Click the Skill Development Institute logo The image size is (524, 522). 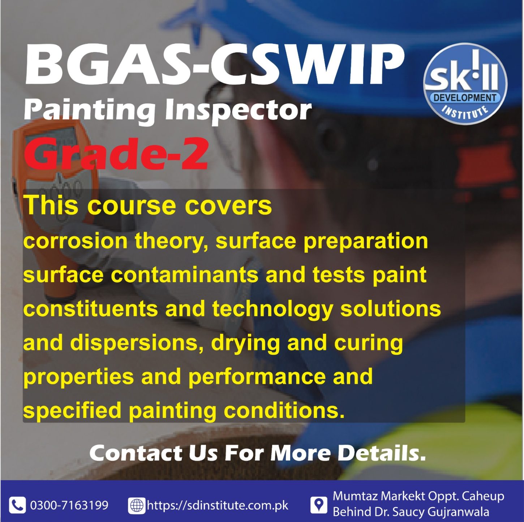[x=465, y=84]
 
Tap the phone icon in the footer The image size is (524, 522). [x=17, y=505]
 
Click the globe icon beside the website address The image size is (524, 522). [x=137, y=505]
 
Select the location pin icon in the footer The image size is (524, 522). [x=318, y=505]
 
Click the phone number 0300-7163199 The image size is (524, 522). [x=69, y=505]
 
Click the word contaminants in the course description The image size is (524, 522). [x=184, y=275]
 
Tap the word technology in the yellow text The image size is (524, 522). [x=273, y=310]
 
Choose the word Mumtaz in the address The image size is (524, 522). [x=355, y=496]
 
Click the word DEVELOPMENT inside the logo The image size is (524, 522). [x=465, y=98]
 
